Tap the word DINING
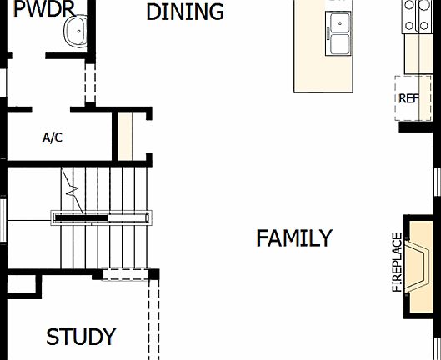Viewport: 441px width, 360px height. [185, 12]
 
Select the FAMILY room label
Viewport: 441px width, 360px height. [293, 238]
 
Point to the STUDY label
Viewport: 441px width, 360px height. [81, 337]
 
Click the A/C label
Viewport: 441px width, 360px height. [52, 137]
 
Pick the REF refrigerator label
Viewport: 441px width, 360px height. [408, 98]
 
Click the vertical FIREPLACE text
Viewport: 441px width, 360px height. [397, 262]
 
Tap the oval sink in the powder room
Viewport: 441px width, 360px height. [76, 32]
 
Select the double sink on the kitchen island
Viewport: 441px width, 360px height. [340, 33]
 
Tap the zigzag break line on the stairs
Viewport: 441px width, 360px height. [73, 200]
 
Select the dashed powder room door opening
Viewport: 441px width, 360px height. [90, 78]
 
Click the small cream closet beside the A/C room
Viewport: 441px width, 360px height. [125, 137]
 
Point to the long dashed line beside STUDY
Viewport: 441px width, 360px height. [153, 321]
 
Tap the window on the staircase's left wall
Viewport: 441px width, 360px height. [4, 218]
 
